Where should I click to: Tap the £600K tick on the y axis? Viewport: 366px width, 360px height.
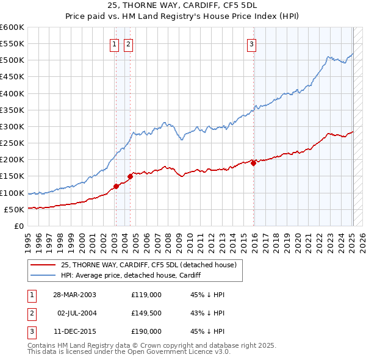click(x=12, y=27)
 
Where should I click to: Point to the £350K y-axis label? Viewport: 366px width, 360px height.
click(x=12, y=110)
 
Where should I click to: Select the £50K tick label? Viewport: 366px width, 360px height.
click(x=15, y=209)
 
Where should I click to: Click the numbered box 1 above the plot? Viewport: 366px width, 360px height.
click(x=115, y=43)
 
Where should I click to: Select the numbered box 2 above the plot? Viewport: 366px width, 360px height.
click(x=129, y=43)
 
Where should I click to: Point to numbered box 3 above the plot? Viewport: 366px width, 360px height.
click(x=251, y=43)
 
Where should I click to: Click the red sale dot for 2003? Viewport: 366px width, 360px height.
click(x=116, y=186)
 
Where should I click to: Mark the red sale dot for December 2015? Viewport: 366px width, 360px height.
click(x=253, y=163)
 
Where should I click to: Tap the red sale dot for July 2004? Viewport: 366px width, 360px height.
click(x=130, y=176)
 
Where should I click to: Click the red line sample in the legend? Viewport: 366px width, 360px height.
click(x=44, y=264)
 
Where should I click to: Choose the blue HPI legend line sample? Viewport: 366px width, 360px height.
click(x=44, y=275)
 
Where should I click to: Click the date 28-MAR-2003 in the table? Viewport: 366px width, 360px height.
click(x=74, y=295)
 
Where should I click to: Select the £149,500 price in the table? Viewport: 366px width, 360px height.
click(x=146, y=313)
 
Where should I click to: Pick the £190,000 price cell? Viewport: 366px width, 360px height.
click(x=146, y=331)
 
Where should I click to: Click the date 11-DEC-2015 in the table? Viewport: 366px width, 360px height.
click(x=74, y=331)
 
